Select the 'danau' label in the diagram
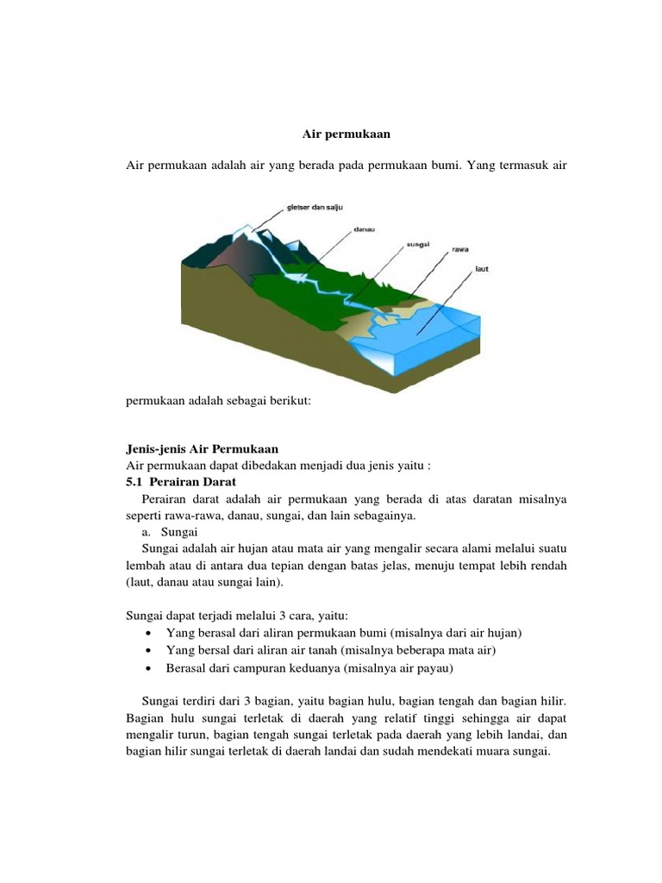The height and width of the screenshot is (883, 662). pyautogui.click(x=364, y=230)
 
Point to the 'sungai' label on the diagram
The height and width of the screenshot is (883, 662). pyautogui.click(x=417, y=244)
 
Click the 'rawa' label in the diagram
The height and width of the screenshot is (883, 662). pyautogui.click(x=460, y=250)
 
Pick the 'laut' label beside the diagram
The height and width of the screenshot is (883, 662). pyautogui.click(x=483, y=269)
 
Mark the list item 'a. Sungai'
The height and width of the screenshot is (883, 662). pyautogui.click(x=171, y=532)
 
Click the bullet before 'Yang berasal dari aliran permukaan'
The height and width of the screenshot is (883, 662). pyautogui.click(x=150, y=633)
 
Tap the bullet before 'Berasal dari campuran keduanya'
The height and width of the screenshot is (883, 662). pyautogui.click(x=150, y=667)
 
